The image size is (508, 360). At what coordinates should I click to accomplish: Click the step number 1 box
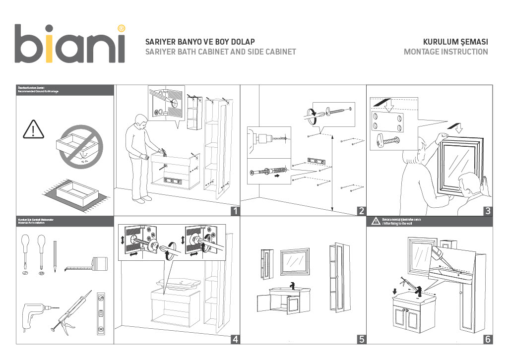[236, 211]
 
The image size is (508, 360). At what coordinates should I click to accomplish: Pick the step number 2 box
[362, 211]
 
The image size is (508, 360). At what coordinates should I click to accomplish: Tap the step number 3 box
[488, 211]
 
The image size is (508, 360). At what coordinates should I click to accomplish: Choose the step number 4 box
[236, 339]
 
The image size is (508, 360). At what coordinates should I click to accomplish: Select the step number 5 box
[362, 339]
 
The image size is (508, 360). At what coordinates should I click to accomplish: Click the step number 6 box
[488, 339]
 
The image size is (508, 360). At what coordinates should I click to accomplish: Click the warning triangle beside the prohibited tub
[33, 129]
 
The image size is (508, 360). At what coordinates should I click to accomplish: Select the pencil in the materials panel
[55, 256]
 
